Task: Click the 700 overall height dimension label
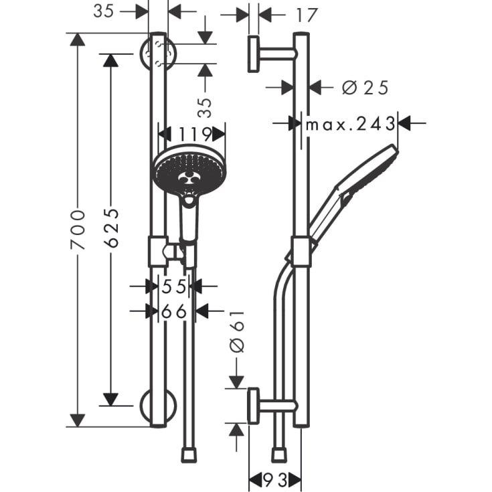[79, 230]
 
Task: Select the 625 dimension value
[112, 228]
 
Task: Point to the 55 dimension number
[175, 287]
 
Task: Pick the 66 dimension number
[175, 311]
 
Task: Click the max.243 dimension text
[349, 124]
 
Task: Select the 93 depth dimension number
[274, 479]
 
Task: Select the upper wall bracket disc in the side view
[254, 54]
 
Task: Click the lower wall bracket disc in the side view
[254, 406]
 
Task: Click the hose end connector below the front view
[189, 455]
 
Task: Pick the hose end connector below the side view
[280, 455]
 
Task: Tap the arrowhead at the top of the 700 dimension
[78, 39]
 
